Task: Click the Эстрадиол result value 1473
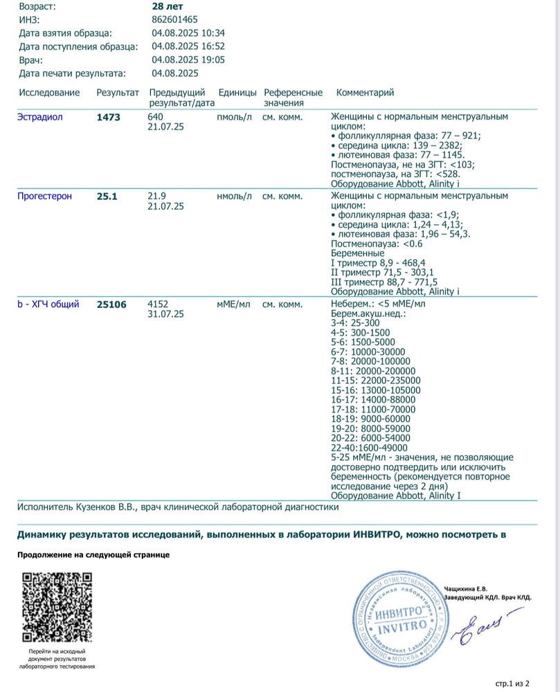click(109, 117)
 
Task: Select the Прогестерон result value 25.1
click(107, 197)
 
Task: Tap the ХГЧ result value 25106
click(111, 304)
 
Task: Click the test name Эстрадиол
click(39, 117)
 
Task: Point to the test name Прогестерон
click(44, 197)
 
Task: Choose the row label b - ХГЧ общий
click(48, 304)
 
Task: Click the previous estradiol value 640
click(156, 117)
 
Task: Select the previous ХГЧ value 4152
click(159, 304)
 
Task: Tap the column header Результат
click(118, 93)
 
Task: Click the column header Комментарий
click(365, 93)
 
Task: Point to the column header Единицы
click(237, 93)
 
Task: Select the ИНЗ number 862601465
click(175, 19)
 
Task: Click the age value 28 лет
click(164, 6)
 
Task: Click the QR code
click(57, 607)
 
